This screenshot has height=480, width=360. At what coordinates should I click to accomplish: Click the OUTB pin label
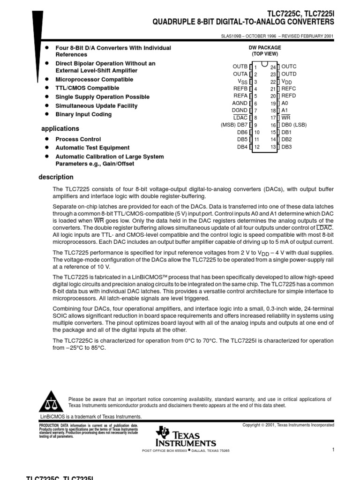(x=240, y=67)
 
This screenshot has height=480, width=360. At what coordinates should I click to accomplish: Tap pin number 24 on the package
(x=273, y=67)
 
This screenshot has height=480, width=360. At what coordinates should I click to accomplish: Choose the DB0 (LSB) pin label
(x=294, y=125)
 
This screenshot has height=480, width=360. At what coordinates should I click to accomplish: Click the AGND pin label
(x=240, y=103)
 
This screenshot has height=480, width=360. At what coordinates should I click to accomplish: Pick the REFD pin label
(x=288, y=96)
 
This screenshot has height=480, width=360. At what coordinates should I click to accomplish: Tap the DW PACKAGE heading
(x=264, y=48)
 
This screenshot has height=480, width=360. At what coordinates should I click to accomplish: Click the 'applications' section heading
(x=60, y=128)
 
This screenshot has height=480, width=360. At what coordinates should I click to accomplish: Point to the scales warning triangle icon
(x=51, y=403)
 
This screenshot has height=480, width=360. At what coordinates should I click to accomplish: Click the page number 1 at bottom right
(x=332, y=450)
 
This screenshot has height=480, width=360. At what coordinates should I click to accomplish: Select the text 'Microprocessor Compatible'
(x=94, y=80)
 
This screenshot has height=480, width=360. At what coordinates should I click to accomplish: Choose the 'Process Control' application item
(x=78, y=139)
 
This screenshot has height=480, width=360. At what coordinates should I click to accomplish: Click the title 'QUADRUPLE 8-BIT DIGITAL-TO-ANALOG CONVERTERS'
(x=243, y=22)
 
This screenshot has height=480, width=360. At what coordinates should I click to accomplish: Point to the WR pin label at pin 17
(x=285, y=118)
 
